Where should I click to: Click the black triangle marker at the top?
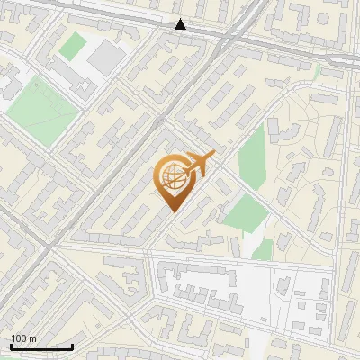[181, 24]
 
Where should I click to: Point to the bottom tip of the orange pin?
[171, 211]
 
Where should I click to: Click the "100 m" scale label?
[23, 338]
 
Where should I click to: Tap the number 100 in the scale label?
[19, 338]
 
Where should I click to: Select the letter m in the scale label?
[32, 338]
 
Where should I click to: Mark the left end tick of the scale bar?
[11, 346]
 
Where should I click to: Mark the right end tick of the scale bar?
[73, 346]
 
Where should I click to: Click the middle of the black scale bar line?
[41, 347]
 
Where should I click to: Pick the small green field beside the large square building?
[72, 46]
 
